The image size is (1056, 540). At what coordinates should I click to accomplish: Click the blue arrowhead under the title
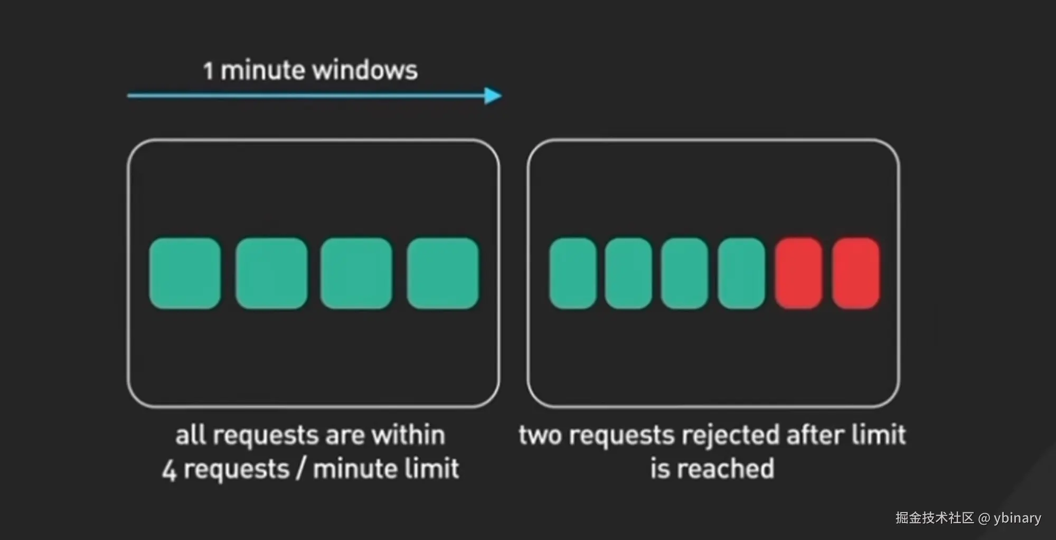coord(493,96)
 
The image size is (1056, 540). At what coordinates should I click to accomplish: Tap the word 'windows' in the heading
coord(368,70)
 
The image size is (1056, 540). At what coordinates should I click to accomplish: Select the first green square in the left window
coord(185,273)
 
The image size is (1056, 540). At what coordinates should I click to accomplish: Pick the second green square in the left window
coord(271,273)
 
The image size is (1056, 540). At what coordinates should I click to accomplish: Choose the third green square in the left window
coord(356,273)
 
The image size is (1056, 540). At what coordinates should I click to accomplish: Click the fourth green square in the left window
coord(442,273)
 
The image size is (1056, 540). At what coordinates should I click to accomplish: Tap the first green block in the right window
coord(573,273)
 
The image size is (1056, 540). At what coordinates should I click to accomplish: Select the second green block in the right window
coord(628,273)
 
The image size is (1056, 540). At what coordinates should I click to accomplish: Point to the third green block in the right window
coord(684,273)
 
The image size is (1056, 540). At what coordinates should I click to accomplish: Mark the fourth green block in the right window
coord(741,273)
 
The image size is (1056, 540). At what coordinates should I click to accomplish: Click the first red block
coord(798,273)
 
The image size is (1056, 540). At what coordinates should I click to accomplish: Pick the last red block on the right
coord(856,273)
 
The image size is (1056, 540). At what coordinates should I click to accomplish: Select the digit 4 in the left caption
coord(169,470)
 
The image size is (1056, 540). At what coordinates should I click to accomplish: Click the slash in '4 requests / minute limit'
coord(300,469)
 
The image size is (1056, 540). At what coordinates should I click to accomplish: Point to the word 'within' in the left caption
coord(408,435)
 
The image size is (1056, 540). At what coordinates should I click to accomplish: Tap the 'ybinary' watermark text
coord(1017,518)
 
